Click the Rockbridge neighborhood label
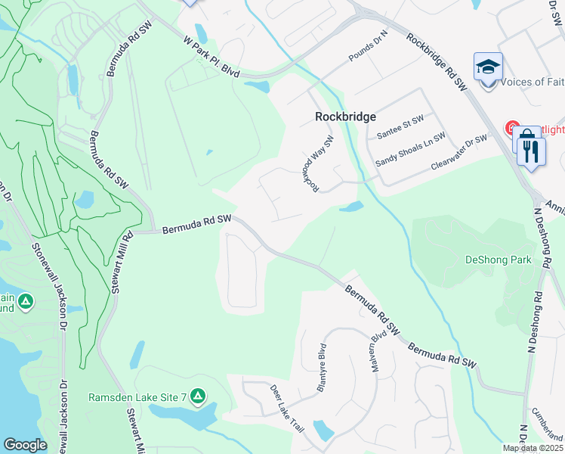point(345,117)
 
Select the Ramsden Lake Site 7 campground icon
point(197,395)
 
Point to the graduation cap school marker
point(488,67)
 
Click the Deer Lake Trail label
point(287,408)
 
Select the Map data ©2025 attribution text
point(533,448)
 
